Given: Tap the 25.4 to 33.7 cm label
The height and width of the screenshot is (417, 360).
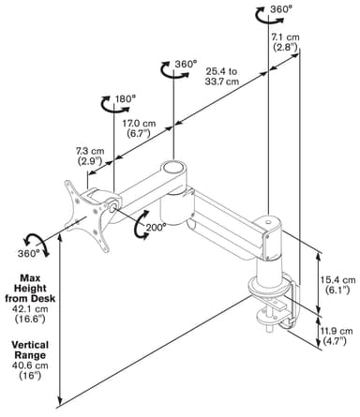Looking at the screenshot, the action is (x=222, y=77).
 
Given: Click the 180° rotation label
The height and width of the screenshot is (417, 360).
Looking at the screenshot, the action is (x=126, y=99).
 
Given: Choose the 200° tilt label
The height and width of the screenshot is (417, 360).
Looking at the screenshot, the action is (x=156, y=227).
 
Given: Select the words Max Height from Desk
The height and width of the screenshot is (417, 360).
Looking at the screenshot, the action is (x=30, y=288).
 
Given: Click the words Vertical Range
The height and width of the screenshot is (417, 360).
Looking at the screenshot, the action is (x=30, y=350).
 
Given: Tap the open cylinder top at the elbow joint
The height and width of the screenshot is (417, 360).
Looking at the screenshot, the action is (x=172, y=167).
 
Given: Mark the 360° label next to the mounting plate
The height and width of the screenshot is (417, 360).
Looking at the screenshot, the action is (x=27, y=253).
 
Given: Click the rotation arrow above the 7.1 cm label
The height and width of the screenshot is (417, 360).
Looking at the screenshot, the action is (x=269, y=16).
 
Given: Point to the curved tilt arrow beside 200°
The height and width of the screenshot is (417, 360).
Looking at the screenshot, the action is (x=140, y=225).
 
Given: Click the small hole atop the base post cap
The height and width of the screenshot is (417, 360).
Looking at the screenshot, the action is (x=268, y=223).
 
